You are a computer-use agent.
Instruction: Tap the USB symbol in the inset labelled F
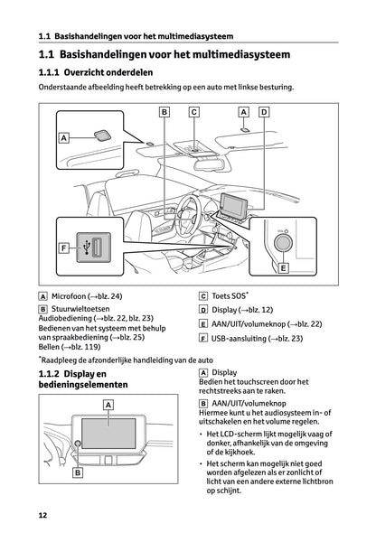pyautogui.click(x=86, y=246)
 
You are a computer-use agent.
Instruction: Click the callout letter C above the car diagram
pyautogui.click(x=193, y=112)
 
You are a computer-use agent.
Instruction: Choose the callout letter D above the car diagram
pyautogui.click(x=263, y=112)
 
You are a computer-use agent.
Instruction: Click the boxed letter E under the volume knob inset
pyautogui.click(x=283, y=268)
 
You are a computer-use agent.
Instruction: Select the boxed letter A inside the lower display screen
pyautogui.click(x=108, y=407)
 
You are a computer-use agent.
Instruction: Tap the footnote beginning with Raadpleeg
pyautogui.click(x=127, y=360)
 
